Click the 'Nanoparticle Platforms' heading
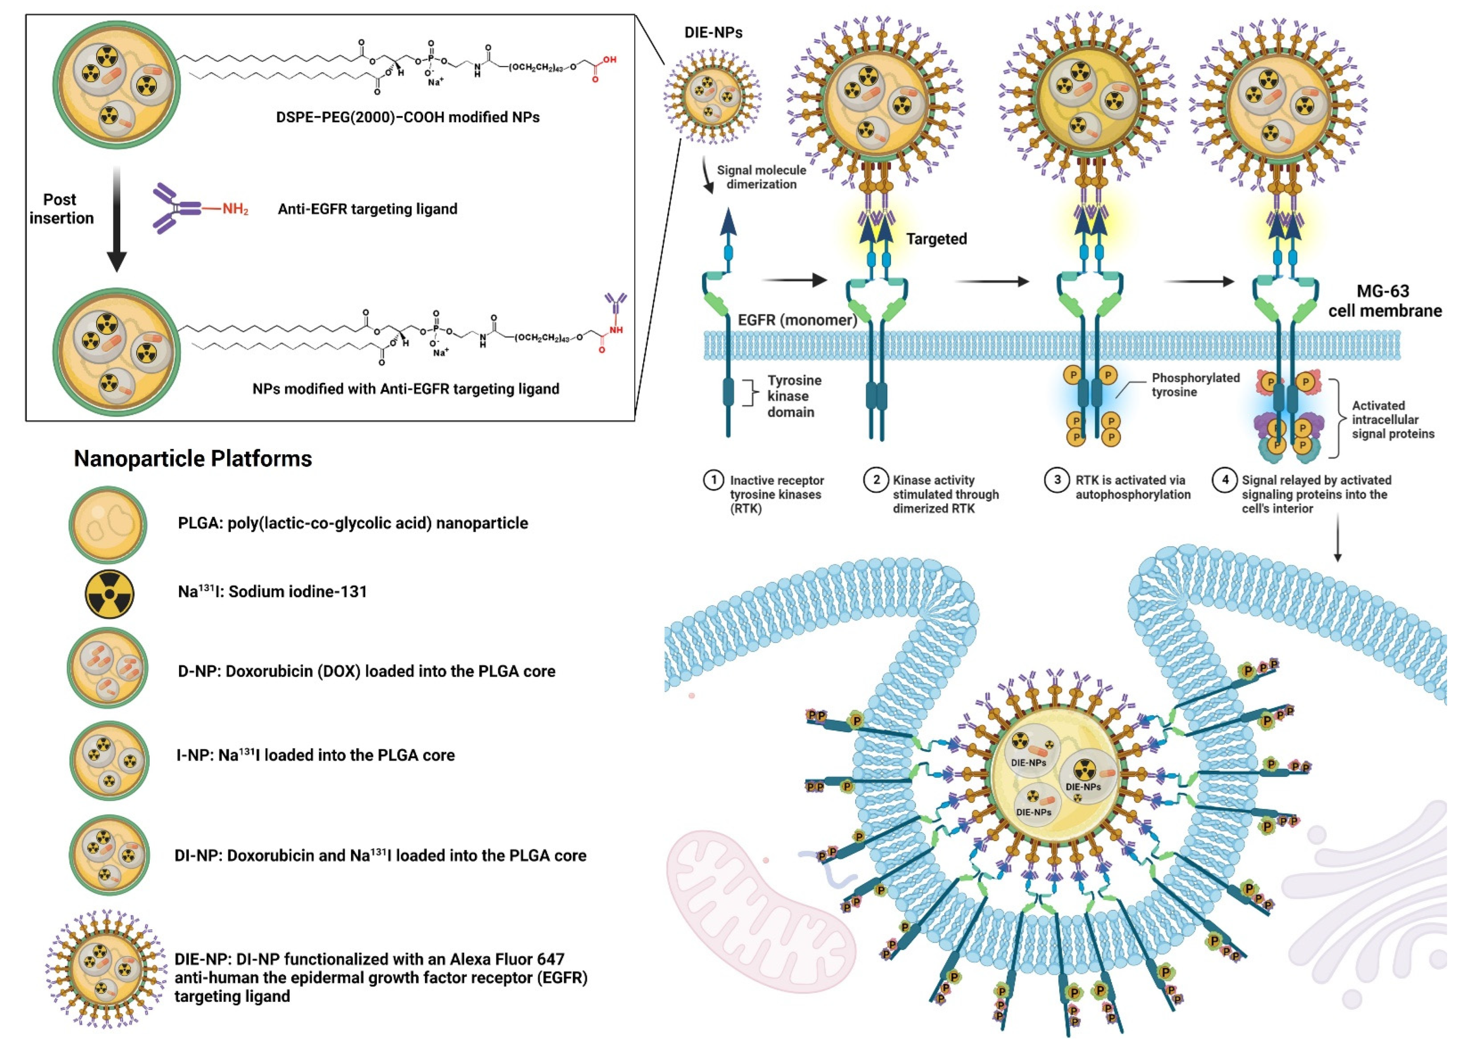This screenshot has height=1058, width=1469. [x=192, y=459]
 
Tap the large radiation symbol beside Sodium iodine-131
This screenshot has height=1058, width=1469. [x=109, y=593]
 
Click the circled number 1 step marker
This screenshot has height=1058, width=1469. [x=713, y=480]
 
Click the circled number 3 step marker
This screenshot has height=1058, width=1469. [x=1056, y=480]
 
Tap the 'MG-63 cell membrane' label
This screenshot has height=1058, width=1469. [x=1384, y=301]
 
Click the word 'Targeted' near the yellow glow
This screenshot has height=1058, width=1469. [x=936, y=239]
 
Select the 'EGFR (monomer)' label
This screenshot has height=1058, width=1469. [x=797, y=320]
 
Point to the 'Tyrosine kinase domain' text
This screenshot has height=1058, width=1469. [x=794, y=396]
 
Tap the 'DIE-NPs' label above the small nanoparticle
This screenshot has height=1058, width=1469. [x=713, y=32]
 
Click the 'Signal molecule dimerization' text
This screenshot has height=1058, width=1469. [x=761, y=177]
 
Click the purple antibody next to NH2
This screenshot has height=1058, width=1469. [x=174, y=208]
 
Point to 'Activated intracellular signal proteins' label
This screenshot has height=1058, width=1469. [x=1393, y=420]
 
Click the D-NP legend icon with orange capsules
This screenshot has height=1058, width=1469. [x=107, y=668]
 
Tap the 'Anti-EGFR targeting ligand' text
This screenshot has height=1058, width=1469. [x=367, y=209]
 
